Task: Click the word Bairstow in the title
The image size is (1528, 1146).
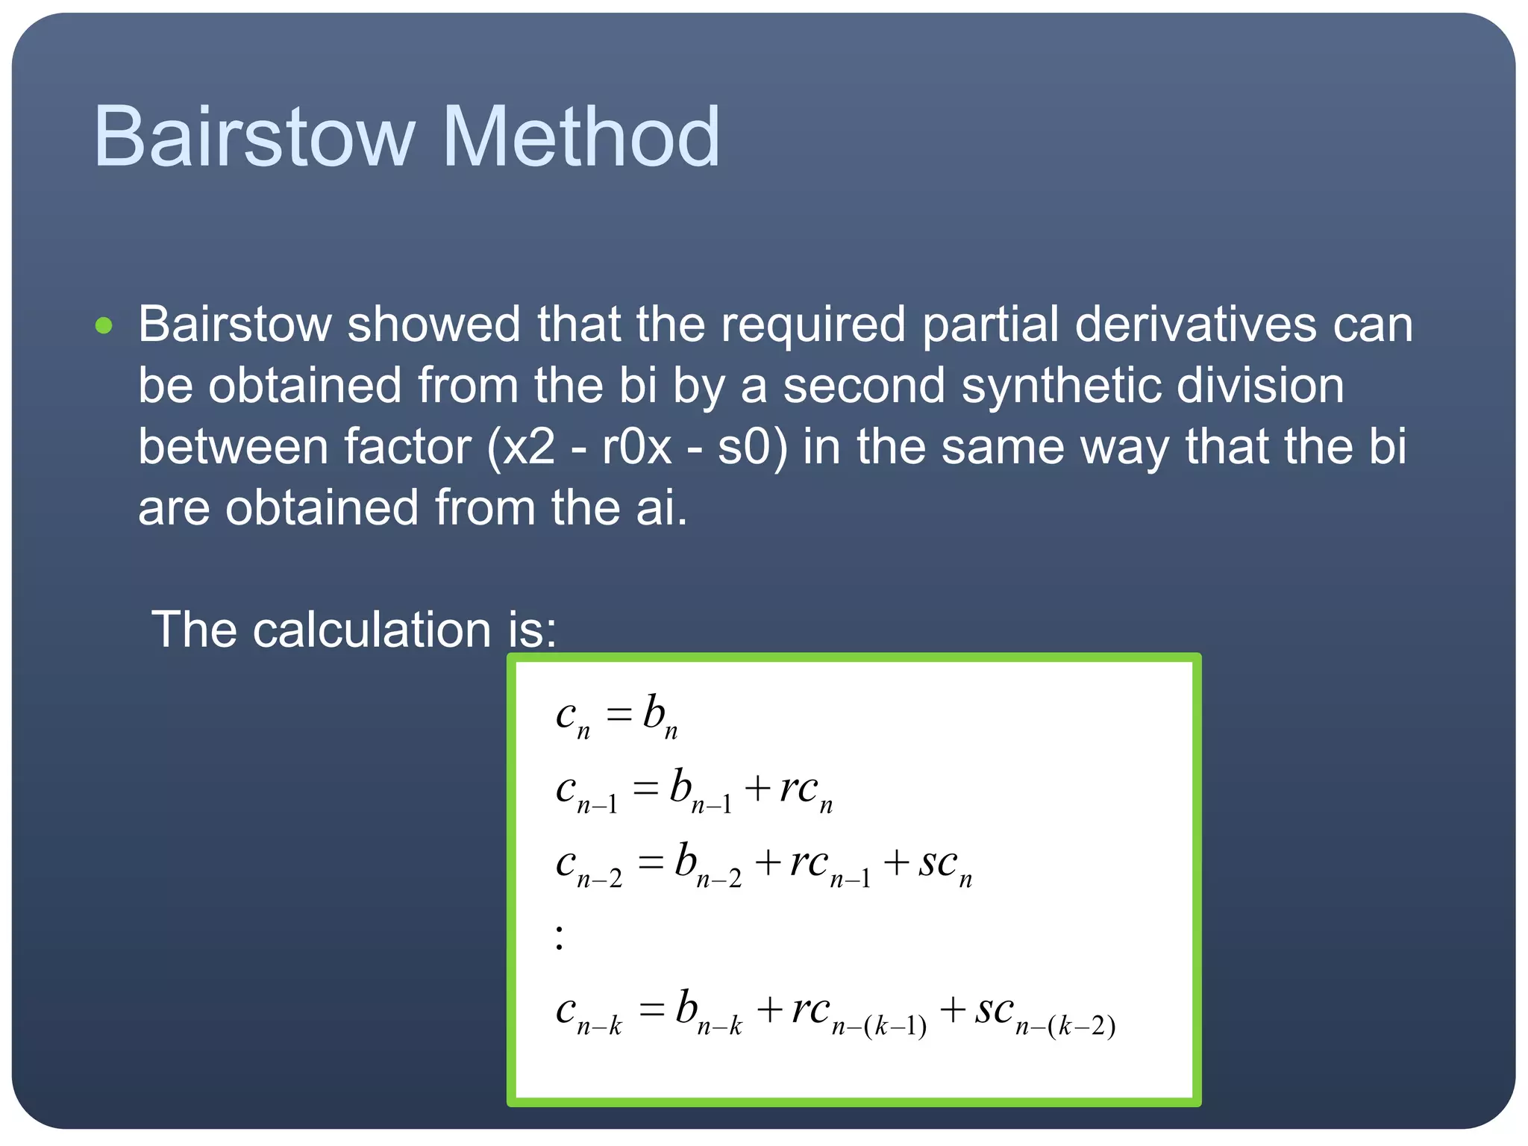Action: click(254, 137)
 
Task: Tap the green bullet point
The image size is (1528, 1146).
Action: click(104, 326)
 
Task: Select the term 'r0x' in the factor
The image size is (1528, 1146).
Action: click(636, 448)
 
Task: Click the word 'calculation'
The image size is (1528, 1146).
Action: click(372, 630)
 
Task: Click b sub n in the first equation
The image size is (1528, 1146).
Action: click(660, 716)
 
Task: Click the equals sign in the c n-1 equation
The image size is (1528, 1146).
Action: click(645, 789)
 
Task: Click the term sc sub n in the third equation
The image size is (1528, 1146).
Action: click(945, 865)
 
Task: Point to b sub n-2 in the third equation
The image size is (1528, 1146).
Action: click(707, 865)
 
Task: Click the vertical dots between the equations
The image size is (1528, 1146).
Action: click(560, 937)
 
